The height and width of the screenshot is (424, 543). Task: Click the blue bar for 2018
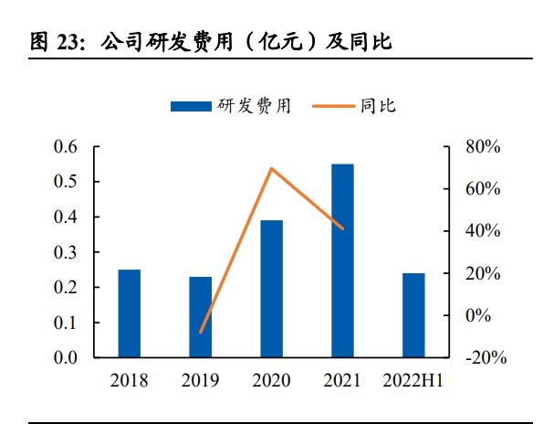(x=130, y=313)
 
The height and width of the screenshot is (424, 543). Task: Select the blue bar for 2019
(x=200, y=316)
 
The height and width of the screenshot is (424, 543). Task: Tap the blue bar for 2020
(x=271, y=288)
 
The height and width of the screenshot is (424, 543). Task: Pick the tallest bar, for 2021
(x=342, y=260)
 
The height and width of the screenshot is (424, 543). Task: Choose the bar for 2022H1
(x=413, y=314)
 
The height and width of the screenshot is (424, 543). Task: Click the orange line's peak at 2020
(x=271, y=168)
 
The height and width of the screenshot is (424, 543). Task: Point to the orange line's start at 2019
(x=201, y=333)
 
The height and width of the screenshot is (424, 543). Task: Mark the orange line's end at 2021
(x=342, y=228)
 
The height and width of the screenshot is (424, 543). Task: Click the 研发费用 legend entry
(x=232, y=106)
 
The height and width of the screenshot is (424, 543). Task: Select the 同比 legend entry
(x=356, y=106)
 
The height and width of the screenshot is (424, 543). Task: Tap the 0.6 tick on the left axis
(x=66, y=147)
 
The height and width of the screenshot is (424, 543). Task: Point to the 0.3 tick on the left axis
(x=66, y=252)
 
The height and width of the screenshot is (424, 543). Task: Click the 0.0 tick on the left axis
(x=66, y=357)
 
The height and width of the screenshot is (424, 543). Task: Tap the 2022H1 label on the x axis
(x=413, y=380)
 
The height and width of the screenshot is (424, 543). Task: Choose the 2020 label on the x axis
(x=271, y=380)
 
